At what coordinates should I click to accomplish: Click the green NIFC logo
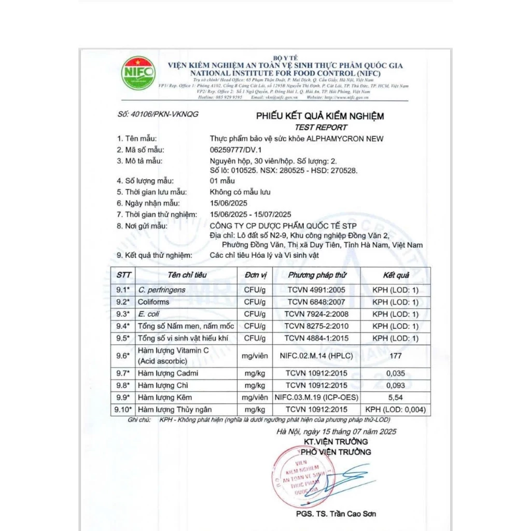(x=138, y=73)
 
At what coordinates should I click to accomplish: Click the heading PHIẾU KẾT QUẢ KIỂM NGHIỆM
(x=320, y=116)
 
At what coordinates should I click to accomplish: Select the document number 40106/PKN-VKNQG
(x=158, y=114)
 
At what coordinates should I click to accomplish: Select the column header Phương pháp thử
(x=317, y=275)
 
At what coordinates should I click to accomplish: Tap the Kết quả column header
(x=396, y=275)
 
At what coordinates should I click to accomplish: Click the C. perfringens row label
(x=161, y=290)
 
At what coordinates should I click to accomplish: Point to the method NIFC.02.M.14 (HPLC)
(x=317, y=355)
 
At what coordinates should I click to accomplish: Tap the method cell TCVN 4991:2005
(x=317, y=290)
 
